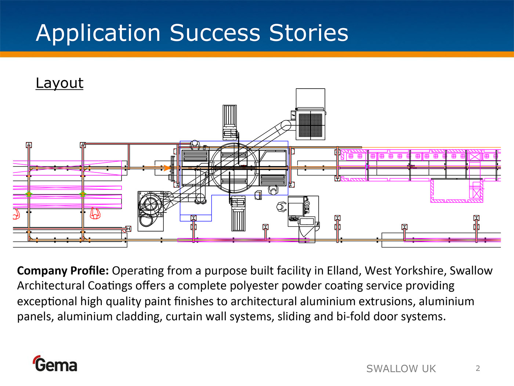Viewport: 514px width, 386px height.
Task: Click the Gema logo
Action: (x=55, y=364)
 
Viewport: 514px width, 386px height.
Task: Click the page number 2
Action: (x=478, y=368)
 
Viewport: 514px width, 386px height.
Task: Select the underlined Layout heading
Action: (x=59, y=83)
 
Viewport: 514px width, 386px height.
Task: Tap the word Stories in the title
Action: (x=308, y=33)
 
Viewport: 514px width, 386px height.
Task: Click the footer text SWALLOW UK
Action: (x=401, y=369)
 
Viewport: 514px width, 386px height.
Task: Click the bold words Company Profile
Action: (x=63, y=271)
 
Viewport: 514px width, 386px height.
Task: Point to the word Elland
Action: (x=343, y=271)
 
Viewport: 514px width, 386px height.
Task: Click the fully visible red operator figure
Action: (x=95, y=213)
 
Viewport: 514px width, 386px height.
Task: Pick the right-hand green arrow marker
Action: (x=83, y=194)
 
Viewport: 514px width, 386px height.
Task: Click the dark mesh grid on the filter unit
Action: (x=311, y=125)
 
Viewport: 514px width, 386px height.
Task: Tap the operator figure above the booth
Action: (x=195, y=145)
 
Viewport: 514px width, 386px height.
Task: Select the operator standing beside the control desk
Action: (x=281, y=207)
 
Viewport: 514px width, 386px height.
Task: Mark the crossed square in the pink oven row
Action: (x=474, y=157)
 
